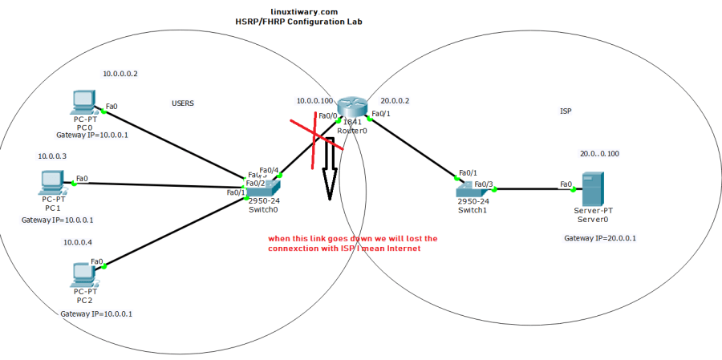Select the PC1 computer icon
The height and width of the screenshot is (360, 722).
pyautogui.click(x=51, y=183)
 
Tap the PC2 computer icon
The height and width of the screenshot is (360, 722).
pyautogui.click(x=83, y=273)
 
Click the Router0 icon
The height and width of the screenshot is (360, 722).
pyautogui.click(x=351, y=108)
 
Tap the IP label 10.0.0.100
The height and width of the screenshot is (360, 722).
pyautogui.click(x=314, y=101)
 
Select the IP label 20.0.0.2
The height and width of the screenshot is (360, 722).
pyautogui.click(x=395, y=101)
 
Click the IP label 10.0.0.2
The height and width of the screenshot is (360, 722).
pyautogui.click(x=120, y=74)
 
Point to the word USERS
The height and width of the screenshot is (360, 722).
pyautogui.click(x=183, y=103)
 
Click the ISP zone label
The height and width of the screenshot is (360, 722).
pyautogui.click(x=566, y=111)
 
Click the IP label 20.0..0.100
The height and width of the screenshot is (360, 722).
pyautogui.click(x=599, y=153)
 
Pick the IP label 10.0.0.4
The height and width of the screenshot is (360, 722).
pyautogui.click(x=78, y=242)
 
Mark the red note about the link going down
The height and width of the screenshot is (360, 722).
pyautogui.click(x=353, y=244)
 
